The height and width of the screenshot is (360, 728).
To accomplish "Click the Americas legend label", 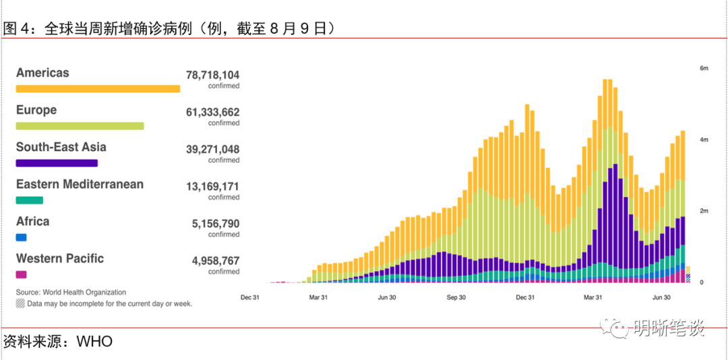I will (42, 73).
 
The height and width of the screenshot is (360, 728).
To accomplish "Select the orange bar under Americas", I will (98, 89).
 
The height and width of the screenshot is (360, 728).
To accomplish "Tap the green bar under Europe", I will (80, 126).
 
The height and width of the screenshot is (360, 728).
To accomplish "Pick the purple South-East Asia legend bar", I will (57, 163).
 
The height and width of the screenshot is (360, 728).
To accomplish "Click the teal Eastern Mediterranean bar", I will (30, 200).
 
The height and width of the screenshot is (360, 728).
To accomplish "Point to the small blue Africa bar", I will (21, 237).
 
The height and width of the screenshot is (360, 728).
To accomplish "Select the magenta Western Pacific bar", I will (21, 274).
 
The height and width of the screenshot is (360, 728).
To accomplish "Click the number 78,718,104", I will (212, 76).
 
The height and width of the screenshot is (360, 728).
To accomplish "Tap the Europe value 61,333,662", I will (212, 113).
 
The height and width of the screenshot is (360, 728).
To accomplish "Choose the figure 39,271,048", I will (212, 150).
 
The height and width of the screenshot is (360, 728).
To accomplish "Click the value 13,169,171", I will (212, 187).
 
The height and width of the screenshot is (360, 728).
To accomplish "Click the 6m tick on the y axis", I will (704, 69).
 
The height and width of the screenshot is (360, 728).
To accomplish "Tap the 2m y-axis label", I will (704, 211).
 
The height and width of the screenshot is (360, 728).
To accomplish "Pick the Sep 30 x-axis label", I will (456, 297).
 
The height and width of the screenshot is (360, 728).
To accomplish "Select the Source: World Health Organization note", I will (71, 293).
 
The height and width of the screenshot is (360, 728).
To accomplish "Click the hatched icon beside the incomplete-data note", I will (20, 304).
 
